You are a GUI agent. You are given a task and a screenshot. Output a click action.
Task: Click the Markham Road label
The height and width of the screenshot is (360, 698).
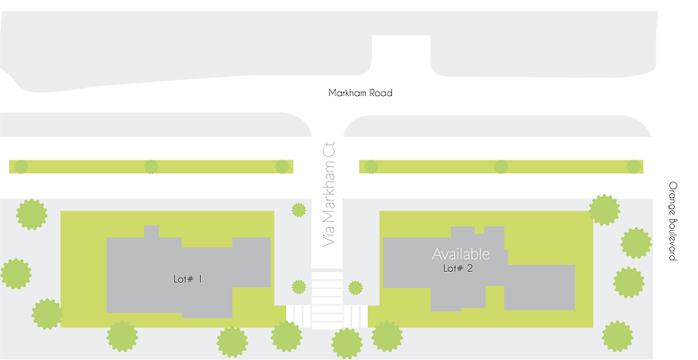click(359, 92)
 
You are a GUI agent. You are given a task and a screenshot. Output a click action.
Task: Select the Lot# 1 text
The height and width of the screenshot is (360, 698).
click(188, 279)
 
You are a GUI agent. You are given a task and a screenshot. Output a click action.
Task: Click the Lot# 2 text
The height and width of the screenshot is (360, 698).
click(458, 268)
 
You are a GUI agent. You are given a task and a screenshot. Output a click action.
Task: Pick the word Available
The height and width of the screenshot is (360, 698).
click(461, 253)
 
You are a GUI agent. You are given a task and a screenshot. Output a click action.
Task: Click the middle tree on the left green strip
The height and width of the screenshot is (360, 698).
click(151, 166)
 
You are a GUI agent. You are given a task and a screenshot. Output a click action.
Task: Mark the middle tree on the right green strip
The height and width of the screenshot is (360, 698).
click(501, 166)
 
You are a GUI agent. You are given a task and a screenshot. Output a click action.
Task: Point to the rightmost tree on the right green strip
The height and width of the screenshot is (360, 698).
click(633, 166)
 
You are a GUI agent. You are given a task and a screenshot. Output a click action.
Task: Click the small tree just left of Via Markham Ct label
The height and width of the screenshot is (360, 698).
click(299, 210)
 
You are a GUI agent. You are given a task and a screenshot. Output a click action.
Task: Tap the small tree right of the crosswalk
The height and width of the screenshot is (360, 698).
click(355, 288)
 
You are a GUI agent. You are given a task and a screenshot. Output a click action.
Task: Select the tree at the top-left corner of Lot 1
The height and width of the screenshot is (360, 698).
click(31, 215)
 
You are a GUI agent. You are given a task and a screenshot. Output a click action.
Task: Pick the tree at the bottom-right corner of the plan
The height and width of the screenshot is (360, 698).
click(617, 337)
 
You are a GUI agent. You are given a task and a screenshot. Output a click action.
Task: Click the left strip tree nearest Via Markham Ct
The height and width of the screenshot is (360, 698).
click(282, 166)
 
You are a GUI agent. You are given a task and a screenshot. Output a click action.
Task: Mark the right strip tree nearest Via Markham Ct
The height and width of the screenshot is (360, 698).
click(371, 166)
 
